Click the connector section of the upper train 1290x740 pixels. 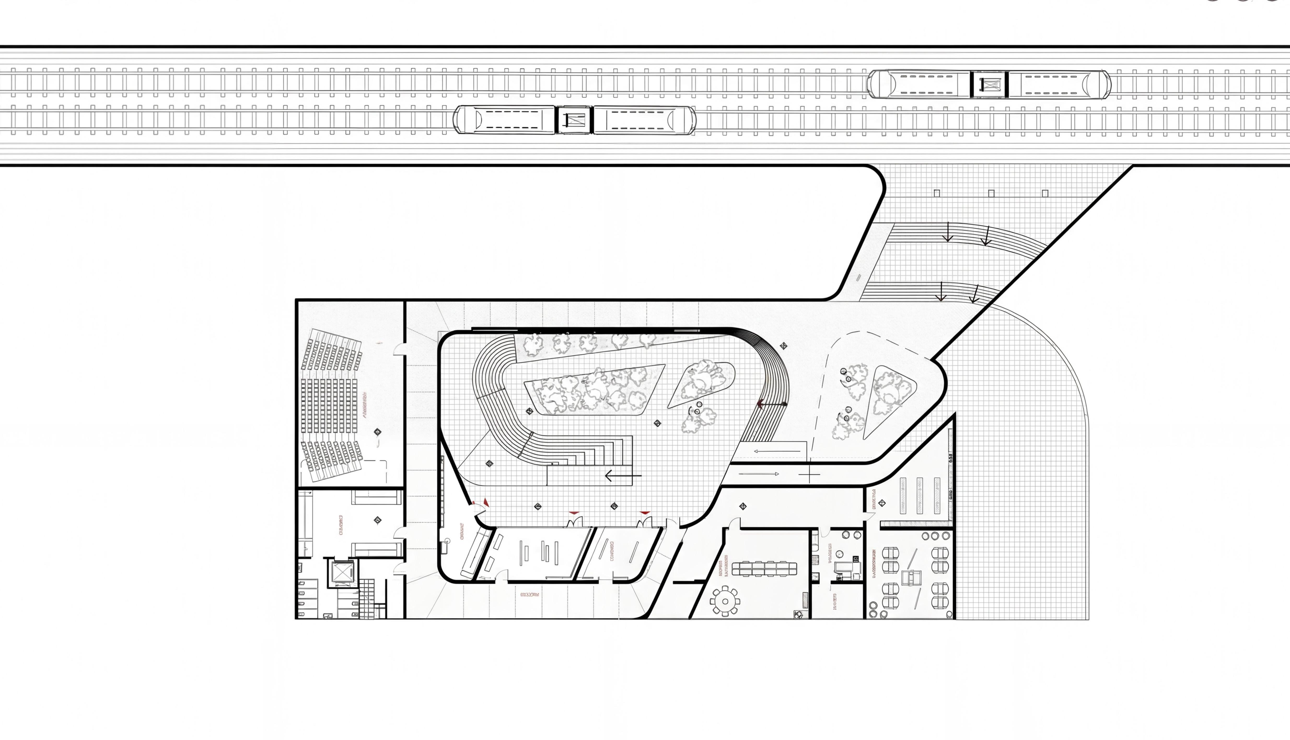[989, 84]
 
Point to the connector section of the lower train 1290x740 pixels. [574, 120]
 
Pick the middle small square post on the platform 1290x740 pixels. [991, 193]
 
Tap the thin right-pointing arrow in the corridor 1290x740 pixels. [759, 474]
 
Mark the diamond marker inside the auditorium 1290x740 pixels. [377, 432]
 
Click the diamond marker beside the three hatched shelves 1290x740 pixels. [882, 503]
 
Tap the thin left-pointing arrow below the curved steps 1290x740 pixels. [777, 451]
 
